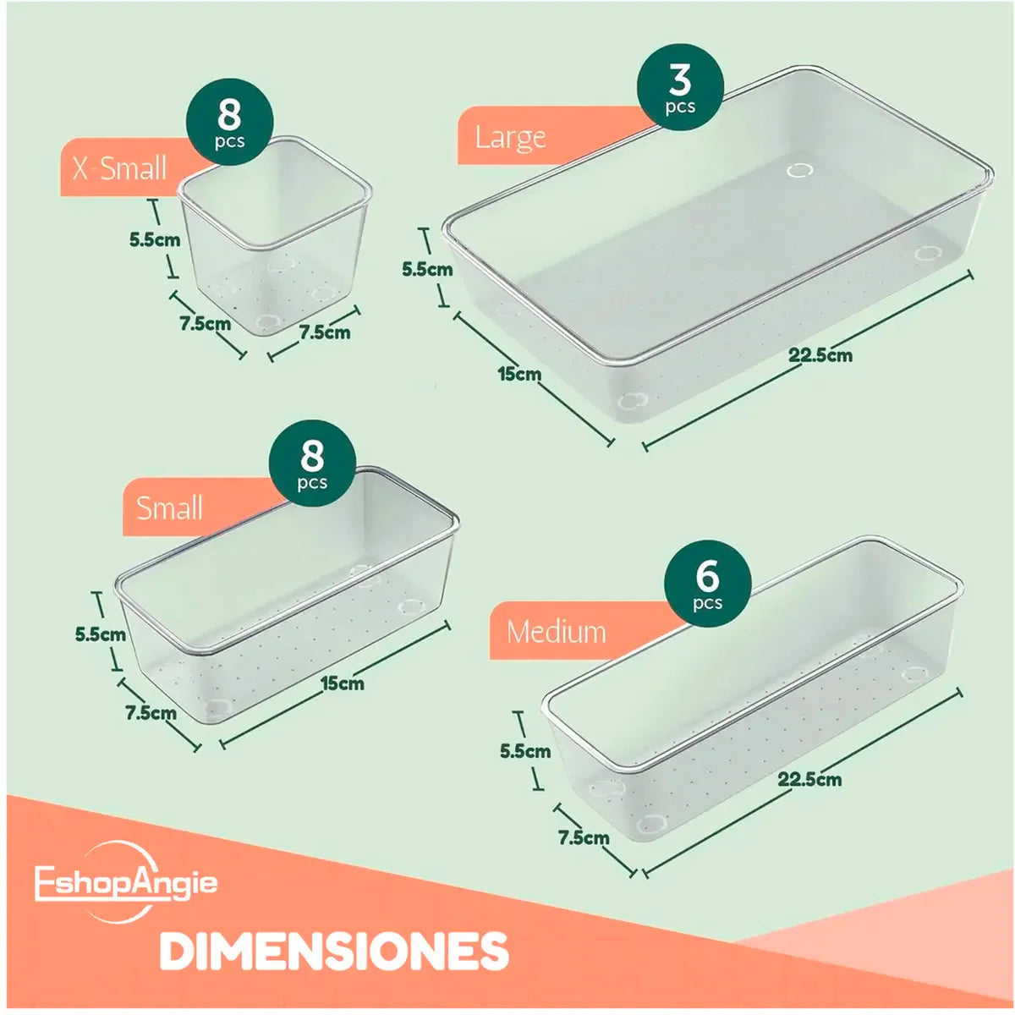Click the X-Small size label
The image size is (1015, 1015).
click(119, 168)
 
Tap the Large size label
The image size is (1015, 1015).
click(510, 137)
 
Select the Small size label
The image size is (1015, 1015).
click(169, 508)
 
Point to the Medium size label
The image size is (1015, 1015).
click(556, 632)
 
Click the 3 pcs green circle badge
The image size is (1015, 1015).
click(680, 87)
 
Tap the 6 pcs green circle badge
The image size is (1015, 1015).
click(707, 584)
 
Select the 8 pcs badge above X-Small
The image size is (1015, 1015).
click(229, 120)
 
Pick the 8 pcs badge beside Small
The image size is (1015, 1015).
click(312, 464)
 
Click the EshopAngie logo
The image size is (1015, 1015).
click(125, 883)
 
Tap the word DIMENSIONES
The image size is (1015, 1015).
click(334, 951)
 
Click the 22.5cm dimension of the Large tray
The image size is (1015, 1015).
click(820, 355)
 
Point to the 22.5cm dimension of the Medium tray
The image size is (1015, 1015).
click(809, 779)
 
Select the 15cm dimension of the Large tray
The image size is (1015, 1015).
click(519, 373)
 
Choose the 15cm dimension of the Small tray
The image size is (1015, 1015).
click(342, 683)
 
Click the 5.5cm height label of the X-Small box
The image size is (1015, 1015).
click(155, 239)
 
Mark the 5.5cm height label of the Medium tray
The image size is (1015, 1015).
click(524, 750)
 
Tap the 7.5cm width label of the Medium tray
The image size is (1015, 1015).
click(584, 837)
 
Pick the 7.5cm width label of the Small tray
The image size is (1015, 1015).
click(151, 713)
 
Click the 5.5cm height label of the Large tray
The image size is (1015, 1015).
click(427, 270)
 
